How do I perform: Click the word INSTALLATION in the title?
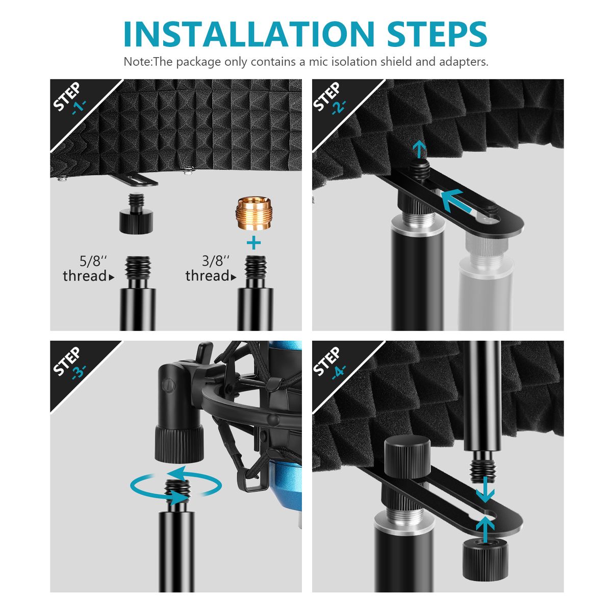pyautogui.click(x=249, y=34)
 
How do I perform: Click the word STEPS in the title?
pyautogui.click(x=437, y=34)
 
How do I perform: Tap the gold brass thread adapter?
pyautogui.click(x=253, y=213)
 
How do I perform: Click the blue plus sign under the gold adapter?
pyautogui.click(x=253, y=243)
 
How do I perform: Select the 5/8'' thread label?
pyautogui.click(x=88, y=269)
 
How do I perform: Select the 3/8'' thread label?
pyautogui.click(x=211, y=269)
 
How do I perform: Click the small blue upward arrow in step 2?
pyautogui.click(x=419, y=149)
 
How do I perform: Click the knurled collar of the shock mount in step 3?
pyautogui.click(x=179, y=444)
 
